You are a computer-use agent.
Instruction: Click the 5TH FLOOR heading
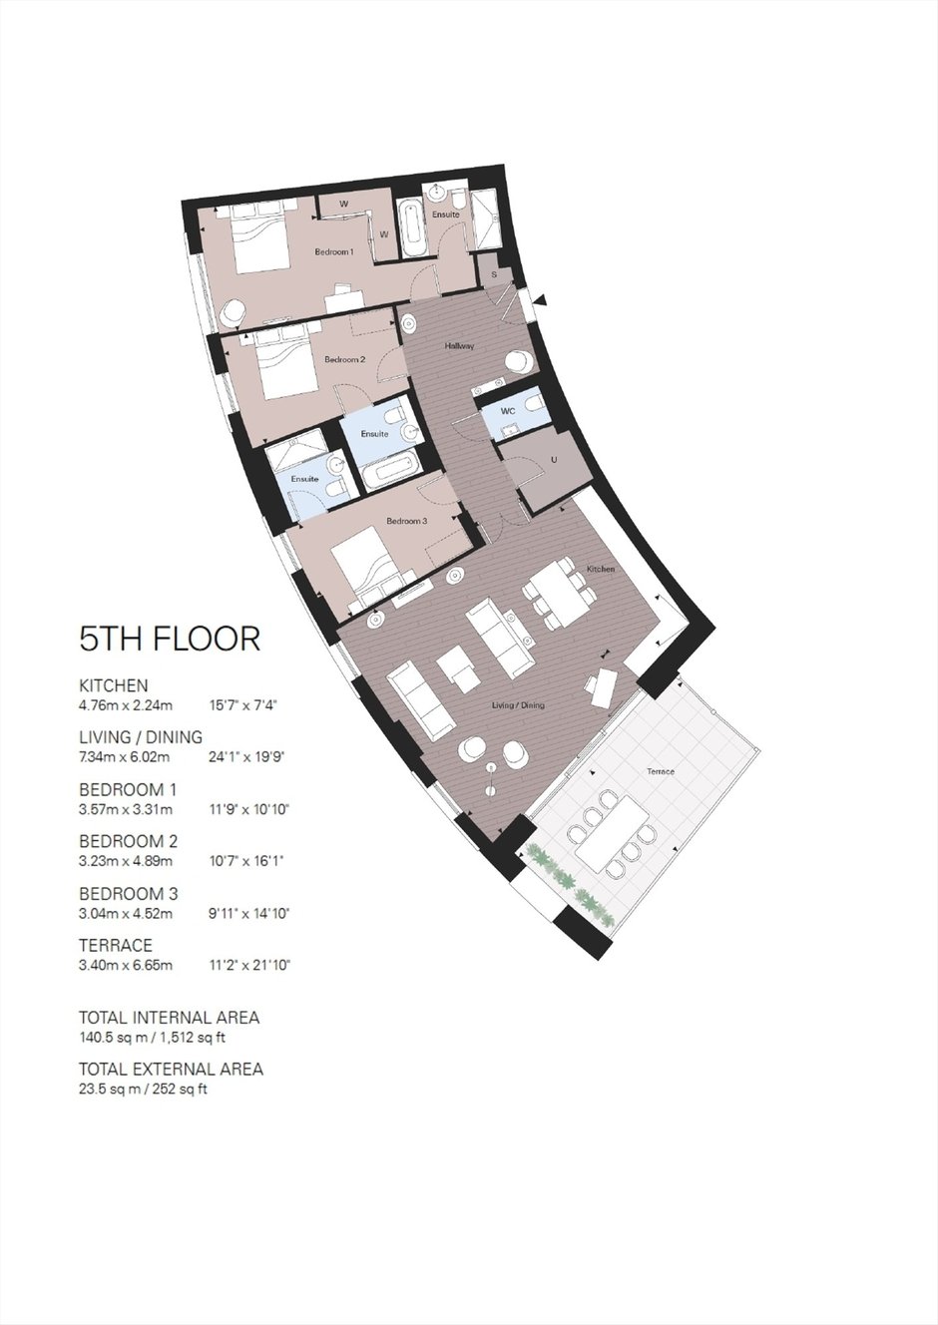coord(170,639)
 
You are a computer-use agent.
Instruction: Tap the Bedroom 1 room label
coord(334,252)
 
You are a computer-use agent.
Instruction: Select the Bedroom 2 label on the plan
coord(345,359)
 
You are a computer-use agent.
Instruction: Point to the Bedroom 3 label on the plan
coord(407,521)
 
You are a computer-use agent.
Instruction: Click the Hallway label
coord(460,346)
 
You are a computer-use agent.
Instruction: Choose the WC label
coord(508,410)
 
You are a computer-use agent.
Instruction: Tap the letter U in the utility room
coord(554,460)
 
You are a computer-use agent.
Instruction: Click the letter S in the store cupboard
coord(494,275)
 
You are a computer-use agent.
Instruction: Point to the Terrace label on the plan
coord(661,772)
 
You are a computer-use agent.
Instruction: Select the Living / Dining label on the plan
coord(518,705)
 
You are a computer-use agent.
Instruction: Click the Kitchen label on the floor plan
coord(601,569)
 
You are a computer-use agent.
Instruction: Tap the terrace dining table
coord(612,834)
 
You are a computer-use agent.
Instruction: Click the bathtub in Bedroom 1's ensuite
coord(412,227)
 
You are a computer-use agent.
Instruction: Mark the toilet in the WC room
coord(534,403)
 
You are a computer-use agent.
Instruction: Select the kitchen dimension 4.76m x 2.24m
coord(126,705)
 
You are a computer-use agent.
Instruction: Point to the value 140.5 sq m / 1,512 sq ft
coord(152,1038)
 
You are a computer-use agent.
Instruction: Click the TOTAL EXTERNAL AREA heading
coord(171,1070)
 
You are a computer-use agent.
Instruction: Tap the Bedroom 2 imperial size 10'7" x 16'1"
coord(246,861)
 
